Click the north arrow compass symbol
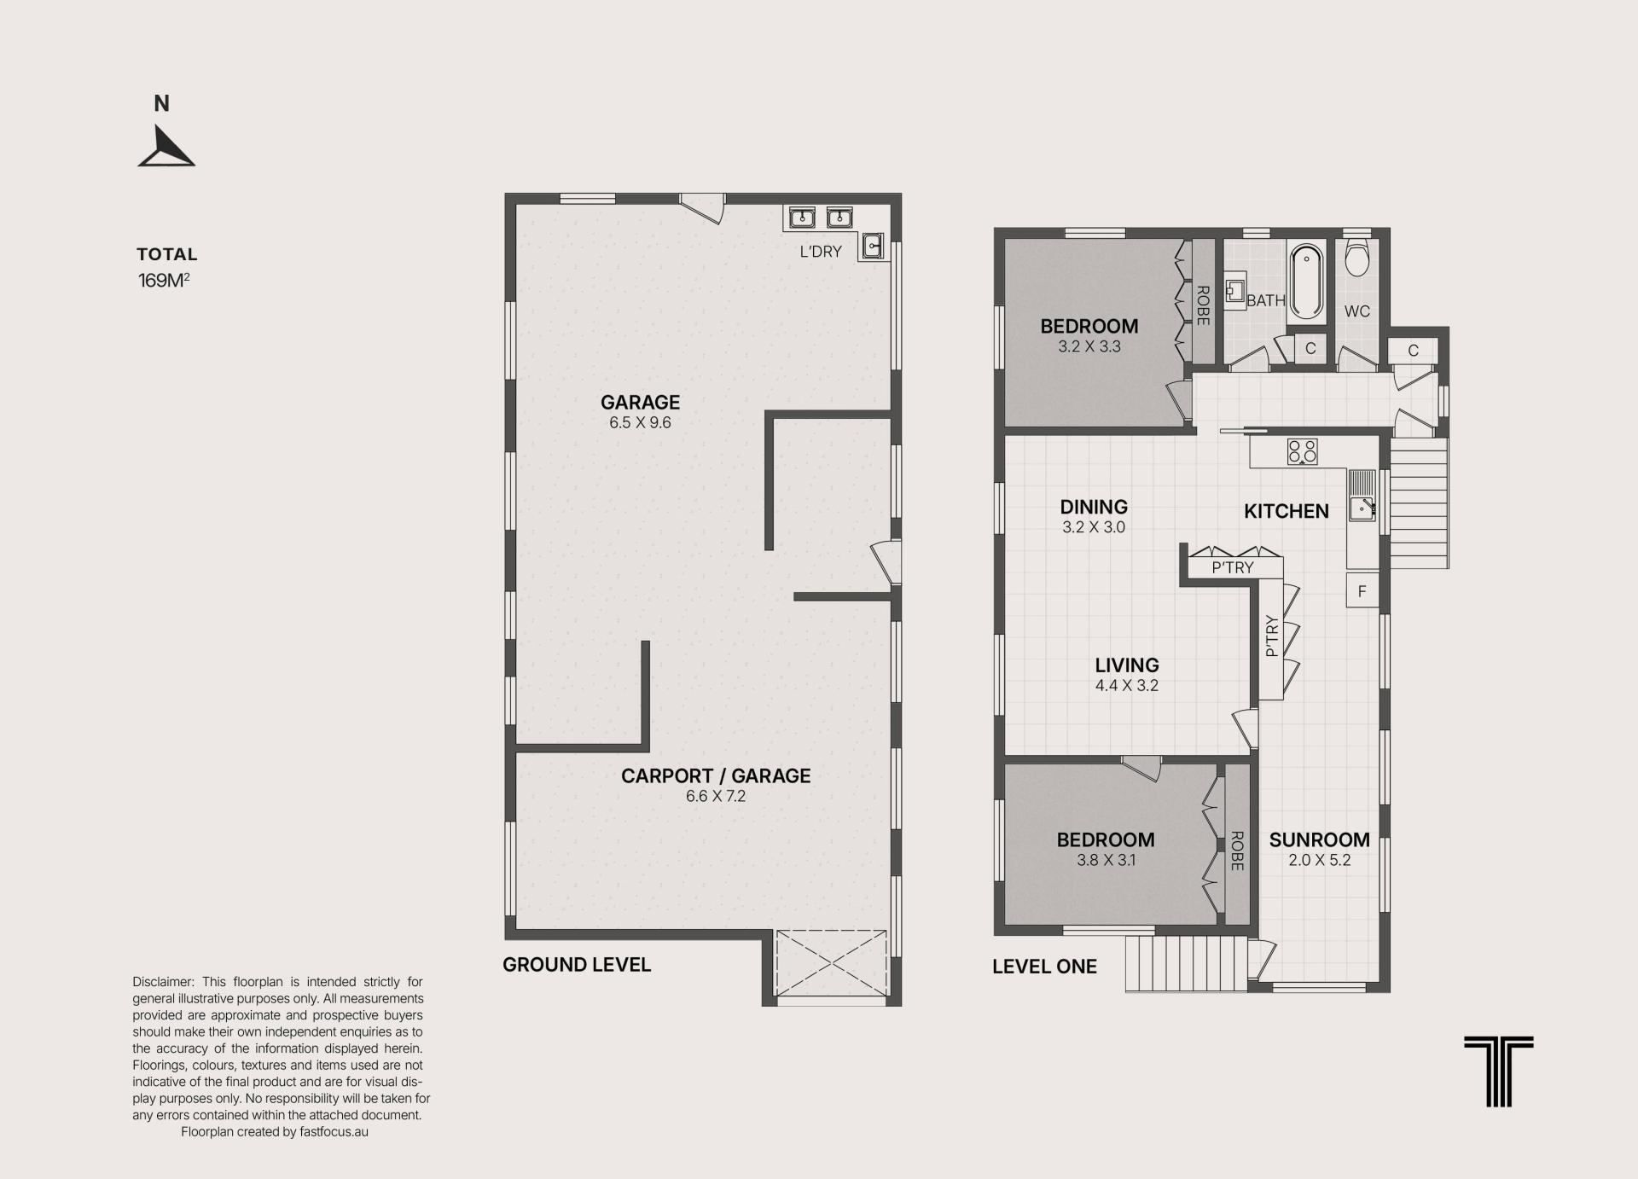tap(166, 147)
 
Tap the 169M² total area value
tap(164, 280)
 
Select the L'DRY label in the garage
tap(821, 252)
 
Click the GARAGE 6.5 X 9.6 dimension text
tap(640, 423)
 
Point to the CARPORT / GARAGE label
tap(716, 775)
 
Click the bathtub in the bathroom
tap(1305, 282)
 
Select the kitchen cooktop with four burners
tap(1302, 451)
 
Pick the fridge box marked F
tap(1362, 590)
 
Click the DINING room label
tap(1094, 507)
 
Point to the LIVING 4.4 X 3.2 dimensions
tap(1127, 686)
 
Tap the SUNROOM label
tap(1319, 839)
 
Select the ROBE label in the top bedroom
tap(1203, 305)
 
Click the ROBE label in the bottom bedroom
tap(1237, 851)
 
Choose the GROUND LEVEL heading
tap(577, 965)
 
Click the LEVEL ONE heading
tap(1044, 967)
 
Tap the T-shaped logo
tap(1499, 1072)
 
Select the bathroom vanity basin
tap(1235, 291)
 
